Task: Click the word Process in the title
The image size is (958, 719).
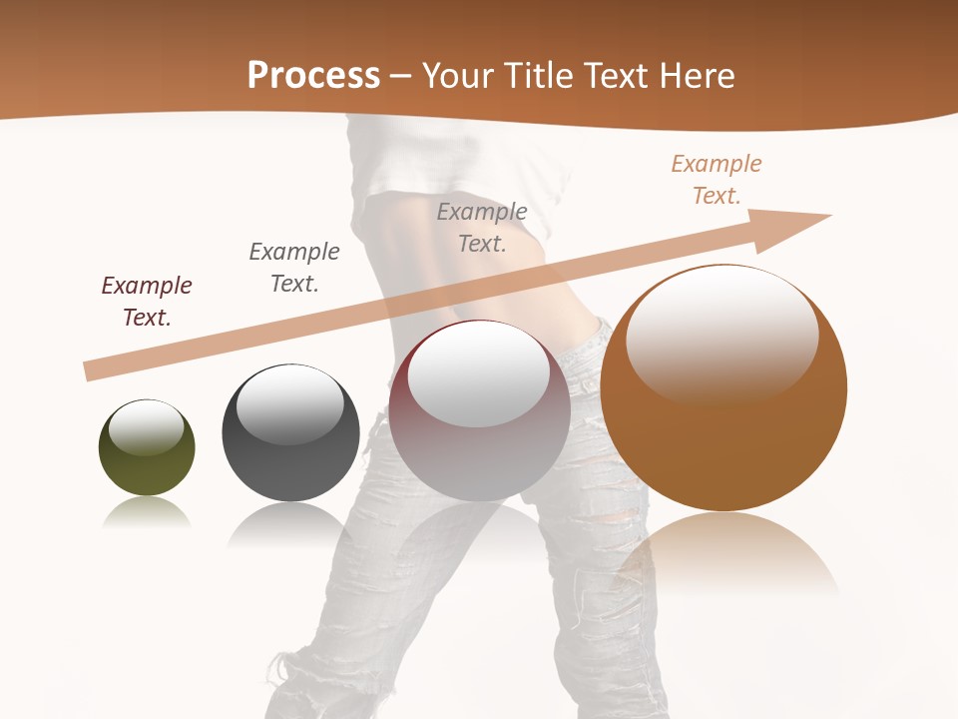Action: point(313,76)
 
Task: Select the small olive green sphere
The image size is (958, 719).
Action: point(147,448)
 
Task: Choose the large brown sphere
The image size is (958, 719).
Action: point(723,388)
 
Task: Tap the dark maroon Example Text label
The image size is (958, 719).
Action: point(147,301)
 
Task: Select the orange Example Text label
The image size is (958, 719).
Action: point(717,179)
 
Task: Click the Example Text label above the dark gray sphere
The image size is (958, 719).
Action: point(294,267)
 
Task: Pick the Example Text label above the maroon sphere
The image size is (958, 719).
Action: point(482,227)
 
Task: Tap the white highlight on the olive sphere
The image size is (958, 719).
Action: point(146,427)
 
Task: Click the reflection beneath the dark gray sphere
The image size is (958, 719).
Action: point(289,524)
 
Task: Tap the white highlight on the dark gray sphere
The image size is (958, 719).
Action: point(289,402)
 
